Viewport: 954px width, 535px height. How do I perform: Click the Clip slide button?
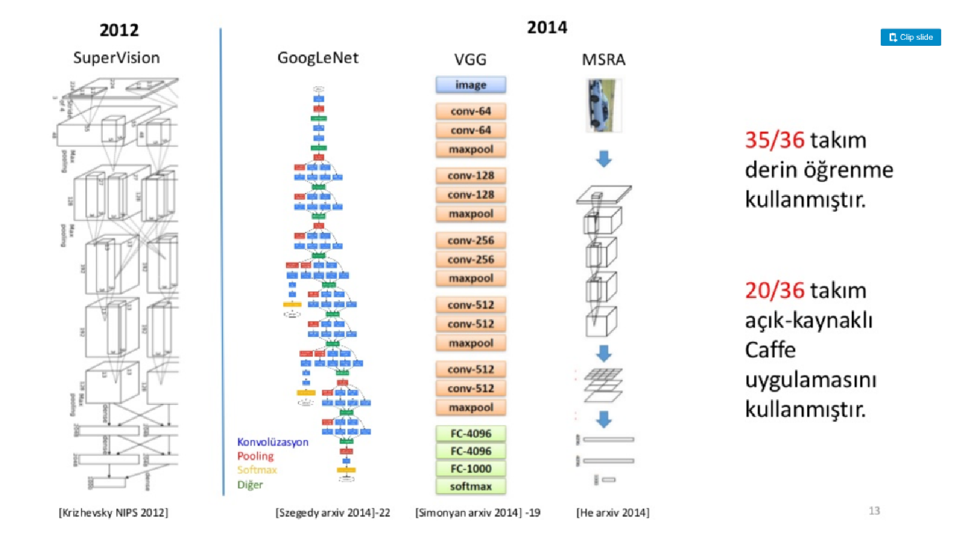tap(910, 37)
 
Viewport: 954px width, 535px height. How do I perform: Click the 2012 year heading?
tap(119, 30)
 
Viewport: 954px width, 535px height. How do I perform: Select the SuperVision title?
tap(116, 58)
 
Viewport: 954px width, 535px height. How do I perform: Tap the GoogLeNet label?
tap(318, 58)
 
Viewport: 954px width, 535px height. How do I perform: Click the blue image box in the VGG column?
tap(471, 85)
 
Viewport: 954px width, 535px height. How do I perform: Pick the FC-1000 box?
tap(471, 468)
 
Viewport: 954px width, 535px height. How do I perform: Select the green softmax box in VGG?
tap(471, 486)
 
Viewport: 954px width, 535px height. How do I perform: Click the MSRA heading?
tap(603, 59)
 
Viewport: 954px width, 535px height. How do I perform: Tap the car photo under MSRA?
tap(603, 105)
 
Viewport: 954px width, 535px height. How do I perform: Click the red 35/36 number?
tap(774, 140)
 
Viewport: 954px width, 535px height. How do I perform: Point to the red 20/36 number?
tap(774, 291)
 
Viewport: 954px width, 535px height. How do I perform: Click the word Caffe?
tap(770, 350)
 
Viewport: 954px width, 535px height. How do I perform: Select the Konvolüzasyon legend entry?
tap(272, 442)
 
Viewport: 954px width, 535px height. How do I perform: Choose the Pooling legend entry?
tap(255, 456)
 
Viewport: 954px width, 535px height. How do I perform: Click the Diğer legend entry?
tap(250, 484)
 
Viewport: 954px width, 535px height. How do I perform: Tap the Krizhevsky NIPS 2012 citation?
tap(113, 512)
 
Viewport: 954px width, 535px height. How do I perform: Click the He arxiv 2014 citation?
tap(613, 512)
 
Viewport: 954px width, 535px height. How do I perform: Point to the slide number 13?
tap(874, 511)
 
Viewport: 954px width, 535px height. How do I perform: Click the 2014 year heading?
tap(547, 27)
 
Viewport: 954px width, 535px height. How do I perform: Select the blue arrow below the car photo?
tap(603, 159)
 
